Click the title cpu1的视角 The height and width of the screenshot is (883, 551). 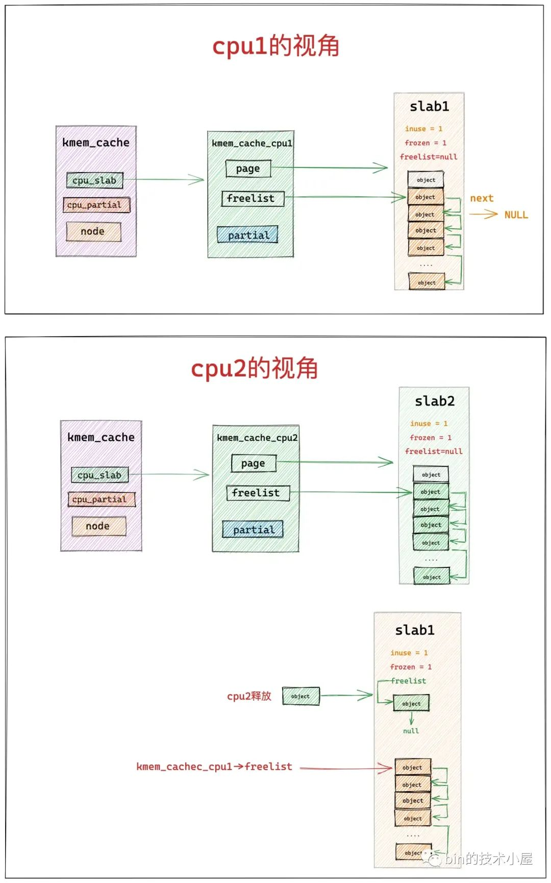click(x=275, y=46)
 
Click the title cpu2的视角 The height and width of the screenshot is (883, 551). click(x=254, y=368)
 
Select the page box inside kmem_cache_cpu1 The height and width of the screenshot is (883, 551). click(x=248, y=169)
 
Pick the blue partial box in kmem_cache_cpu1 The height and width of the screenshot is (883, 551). click(x=247, y=235)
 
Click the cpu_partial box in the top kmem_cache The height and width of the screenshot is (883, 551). click(x=96, y=205)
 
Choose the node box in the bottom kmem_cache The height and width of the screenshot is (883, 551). click(x=98, y=526)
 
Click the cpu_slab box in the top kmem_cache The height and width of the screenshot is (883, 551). click(x=95, y=180)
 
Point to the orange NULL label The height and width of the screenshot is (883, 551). click(x=516, y=215)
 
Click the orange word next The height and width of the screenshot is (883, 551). click(x=481, y=198)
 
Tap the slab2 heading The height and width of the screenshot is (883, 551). click(x=434, y=401)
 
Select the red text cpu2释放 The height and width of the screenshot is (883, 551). click(x=249, y=696)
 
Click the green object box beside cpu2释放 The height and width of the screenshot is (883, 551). click(x=301, y=696)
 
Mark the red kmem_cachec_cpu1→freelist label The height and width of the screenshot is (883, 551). click(x=214, y=767)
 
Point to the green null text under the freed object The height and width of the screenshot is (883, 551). click(x=411, y=731)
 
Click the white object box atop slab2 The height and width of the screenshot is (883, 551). click(x=431, y=474)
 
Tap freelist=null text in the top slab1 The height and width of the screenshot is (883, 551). click(x=429, y=157)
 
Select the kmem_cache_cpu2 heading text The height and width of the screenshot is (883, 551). click(x=257, y=438)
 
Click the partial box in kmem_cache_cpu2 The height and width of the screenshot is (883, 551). click(x=253, y=530)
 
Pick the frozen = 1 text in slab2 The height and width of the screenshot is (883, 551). click(x=431, y=438)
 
